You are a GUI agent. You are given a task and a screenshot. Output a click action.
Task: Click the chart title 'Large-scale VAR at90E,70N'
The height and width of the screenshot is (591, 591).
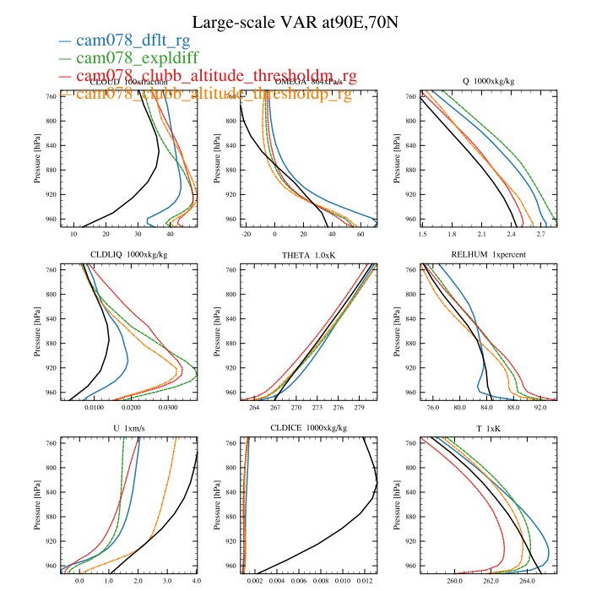pos(295,22)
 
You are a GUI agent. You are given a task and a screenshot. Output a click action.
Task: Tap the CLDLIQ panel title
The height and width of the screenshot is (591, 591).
pos(129,255)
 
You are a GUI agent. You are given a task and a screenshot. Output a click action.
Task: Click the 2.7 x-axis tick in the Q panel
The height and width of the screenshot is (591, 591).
pos(540,233)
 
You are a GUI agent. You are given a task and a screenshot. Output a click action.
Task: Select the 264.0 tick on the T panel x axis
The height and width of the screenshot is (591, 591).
pos(528,581)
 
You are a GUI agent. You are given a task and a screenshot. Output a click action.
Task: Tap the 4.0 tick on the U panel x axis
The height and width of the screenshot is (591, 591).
pos(196,581)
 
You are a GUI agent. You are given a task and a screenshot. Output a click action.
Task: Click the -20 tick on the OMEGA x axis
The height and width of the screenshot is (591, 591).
pos(247,233)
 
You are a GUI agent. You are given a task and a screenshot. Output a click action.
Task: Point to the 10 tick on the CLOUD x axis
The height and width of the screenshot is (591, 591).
pos(73,233)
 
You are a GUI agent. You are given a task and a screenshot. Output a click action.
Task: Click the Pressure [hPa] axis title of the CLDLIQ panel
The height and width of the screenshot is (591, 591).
pos(38,333)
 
